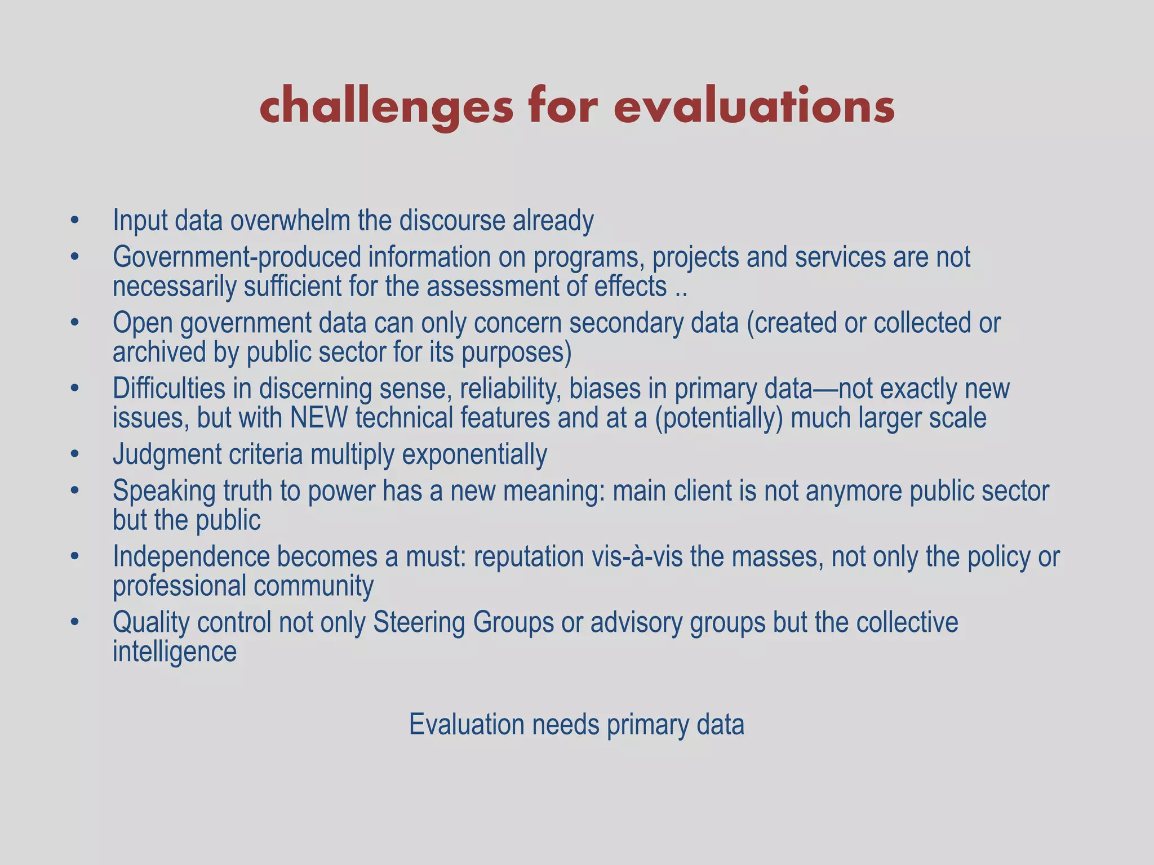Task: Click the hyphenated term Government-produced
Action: [237, 257]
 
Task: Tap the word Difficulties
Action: [182, 389]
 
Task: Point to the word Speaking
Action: [164, 491]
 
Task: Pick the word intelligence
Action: [175, 652]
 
